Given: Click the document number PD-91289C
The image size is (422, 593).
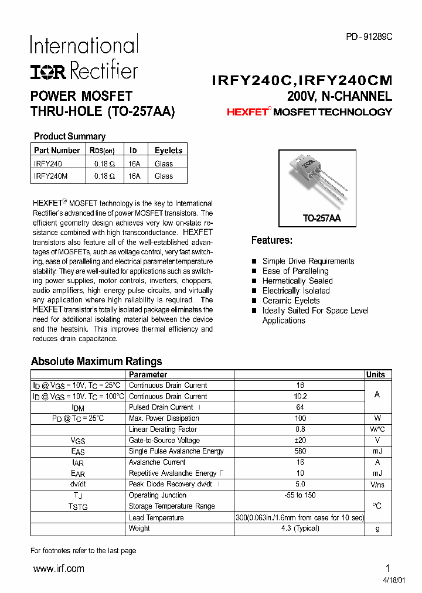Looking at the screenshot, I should (369, 36).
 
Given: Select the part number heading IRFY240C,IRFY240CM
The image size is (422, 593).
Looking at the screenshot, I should (302, 80).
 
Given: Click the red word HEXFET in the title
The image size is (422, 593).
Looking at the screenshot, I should (247, 112).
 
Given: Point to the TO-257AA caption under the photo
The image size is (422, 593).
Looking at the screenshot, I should (321, 218).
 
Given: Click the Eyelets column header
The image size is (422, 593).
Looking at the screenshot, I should (168, 150).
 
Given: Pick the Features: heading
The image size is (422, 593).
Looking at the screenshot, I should (272, 240).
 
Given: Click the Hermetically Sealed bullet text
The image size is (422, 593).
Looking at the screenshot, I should (297, 281).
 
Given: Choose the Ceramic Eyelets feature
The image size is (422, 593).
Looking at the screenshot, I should (291, 301).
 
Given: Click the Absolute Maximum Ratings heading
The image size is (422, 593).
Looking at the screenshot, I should (96, 361).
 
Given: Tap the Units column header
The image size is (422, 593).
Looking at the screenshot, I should (376, 374).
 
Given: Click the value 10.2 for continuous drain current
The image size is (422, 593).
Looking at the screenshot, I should (300, 396).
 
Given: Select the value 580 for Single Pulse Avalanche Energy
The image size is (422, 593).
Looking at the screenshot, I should (300, 451).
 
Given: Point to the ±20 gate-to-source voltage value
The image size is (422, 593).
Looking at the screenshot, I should (300, 440).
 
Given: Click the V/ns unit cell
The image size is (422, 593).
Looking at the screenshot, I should (377, 485).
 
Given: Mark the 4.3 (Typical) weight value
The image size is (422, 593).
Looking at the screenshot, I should (300, 528).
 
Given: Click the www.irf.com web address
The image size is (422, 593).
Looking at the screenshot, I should (59, 568).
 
